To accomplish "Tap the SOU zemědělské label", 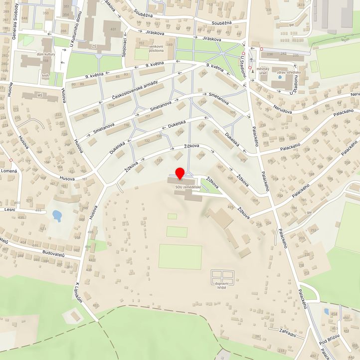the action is [188, 187].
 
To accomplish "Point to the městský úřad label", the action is [263, 70].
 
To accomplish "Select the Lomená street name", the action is [9, 171].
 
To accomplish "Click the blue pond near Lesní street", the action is [57, 215].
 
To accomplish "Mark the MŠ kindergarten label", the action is [39, 95].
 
